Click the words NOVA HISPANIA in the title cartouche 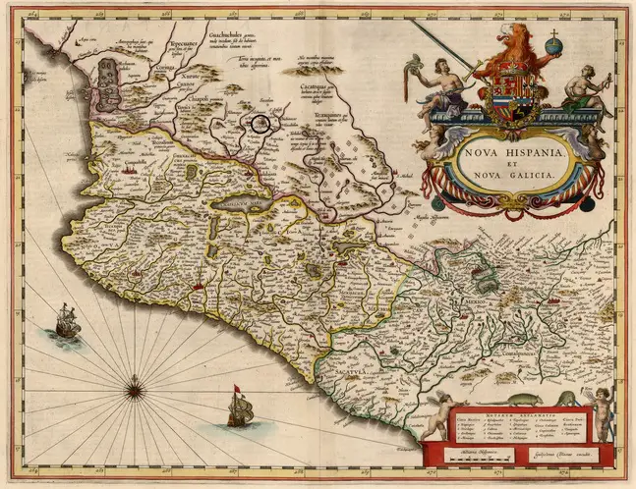tap(501, 152)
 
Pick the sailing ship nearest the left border tap(67, 320)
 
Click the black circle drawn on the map tap(260, 124)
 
